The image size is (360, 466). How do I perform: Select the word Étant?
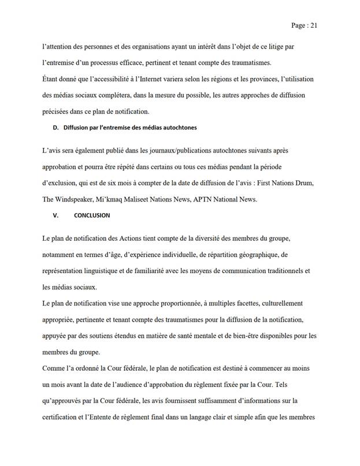coord(53,79)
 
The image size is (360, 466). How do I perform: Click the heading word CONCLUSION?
coord(92,215)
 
